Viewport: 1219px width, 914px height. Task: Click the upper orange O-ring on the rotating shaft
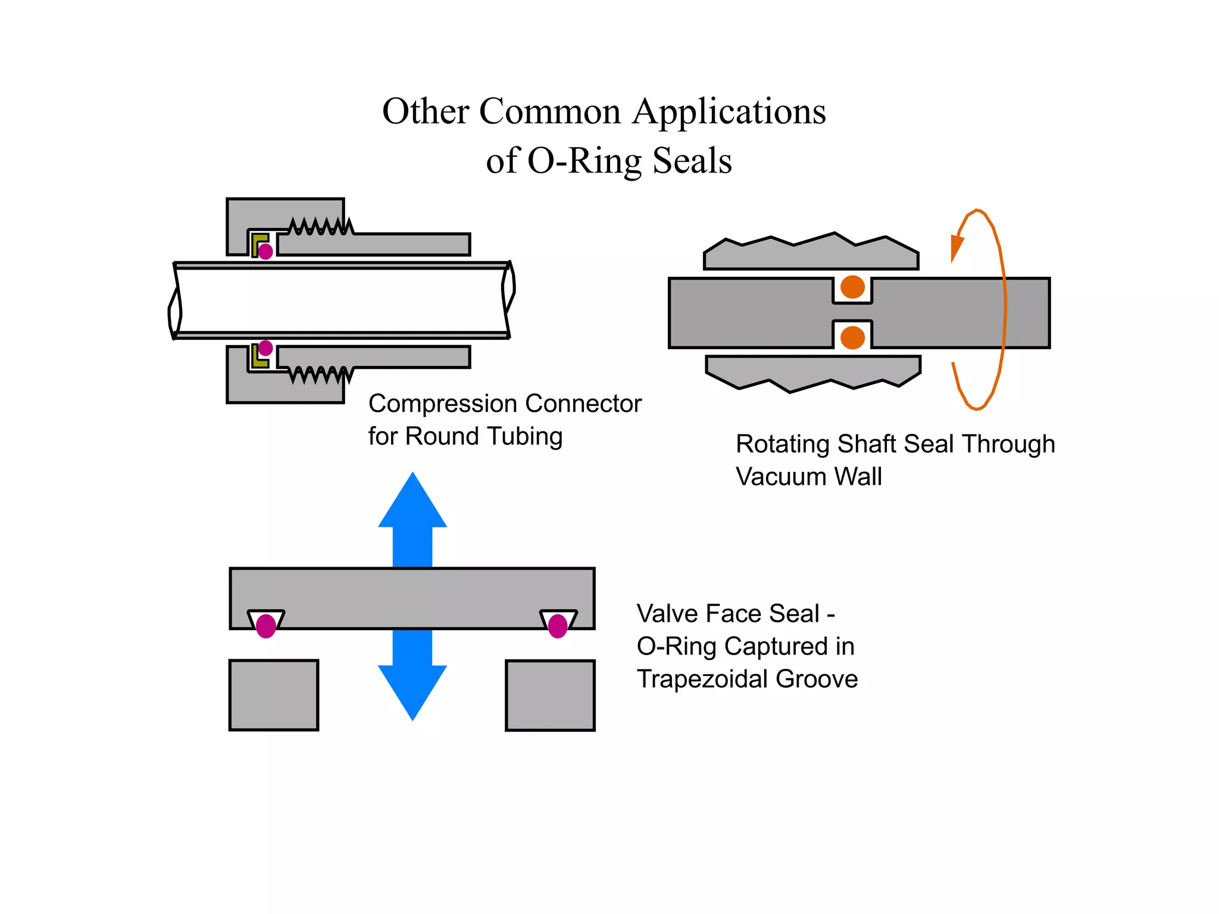point(852,287)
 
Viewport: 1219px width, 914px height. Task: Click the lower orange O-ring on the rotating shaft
point(852,337)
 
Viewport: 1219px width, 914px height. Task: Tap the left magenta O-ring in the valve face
point(265,625)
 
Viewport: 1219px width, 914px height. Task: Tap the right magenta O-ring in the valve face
point(557,625)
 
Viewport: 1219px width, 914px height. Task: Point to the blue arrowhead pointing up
point(412,503)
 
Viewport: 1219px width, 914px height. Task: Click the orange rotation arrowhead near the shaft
point(956,248)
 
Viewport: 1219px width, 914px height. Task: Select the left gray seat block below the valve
point(274,695)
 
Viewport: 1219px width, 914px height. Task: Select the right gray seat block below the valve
point(550,695)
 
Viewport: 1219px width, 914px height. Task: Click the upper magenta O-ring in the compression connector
point(265,251)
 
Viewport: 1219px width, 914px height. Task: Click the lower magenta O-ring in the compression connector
point(265,348)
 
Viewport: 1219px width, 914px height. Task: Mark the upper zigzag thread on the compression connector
point(320,227)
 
